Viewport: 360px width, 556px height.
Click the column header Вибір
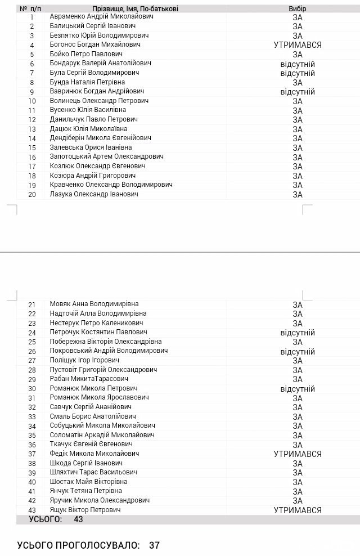click(x=298, y=9)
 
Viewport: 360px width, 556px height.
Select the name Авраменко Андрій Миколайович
click(x=93, y=16)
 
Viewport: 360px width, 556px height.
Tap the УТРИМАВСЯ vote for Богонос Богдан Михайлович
click(x=298, y=45)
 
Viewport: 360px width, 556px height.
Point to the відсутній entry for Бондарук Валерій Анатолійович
click(x=298, y=64)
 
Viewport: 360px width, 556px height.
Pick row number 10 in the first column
click(x=31, y=101)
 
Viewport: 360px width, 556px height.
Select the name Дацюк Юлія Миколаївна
click(x=88, y=129)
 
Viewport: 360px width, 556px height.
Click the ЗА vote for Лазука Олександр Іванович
click(x=298, y=195)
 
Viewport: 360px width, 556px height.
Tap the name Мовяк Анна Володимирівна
click(x=94, y=304)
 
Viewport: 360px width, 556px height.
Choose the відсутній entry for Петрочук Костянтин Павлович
click(x=298, y=333)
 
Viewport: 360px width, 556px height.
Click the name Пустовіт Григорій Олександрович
click(x=103, y=370)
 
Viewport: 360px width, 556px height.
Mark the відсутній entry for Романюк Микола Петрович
click(x=298, y=389)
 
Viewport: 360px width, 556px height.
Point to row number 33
click(x=31, y=417)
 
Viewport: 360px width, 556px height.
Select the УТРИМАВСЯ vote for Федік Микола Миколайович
click(x=298, y=454)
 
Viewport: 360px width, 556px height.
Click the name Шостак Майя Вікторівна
click(x=88, y=482)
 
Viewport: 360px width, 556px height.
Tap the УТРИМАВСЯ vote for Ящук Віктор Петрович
click(x=298, y=510)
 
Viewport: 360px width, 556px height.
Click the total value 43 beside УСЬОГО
click(x=78, y=519)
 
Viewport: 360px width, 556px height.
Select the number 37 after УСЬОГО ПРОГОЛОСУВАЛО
click(x=155, y=545)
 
